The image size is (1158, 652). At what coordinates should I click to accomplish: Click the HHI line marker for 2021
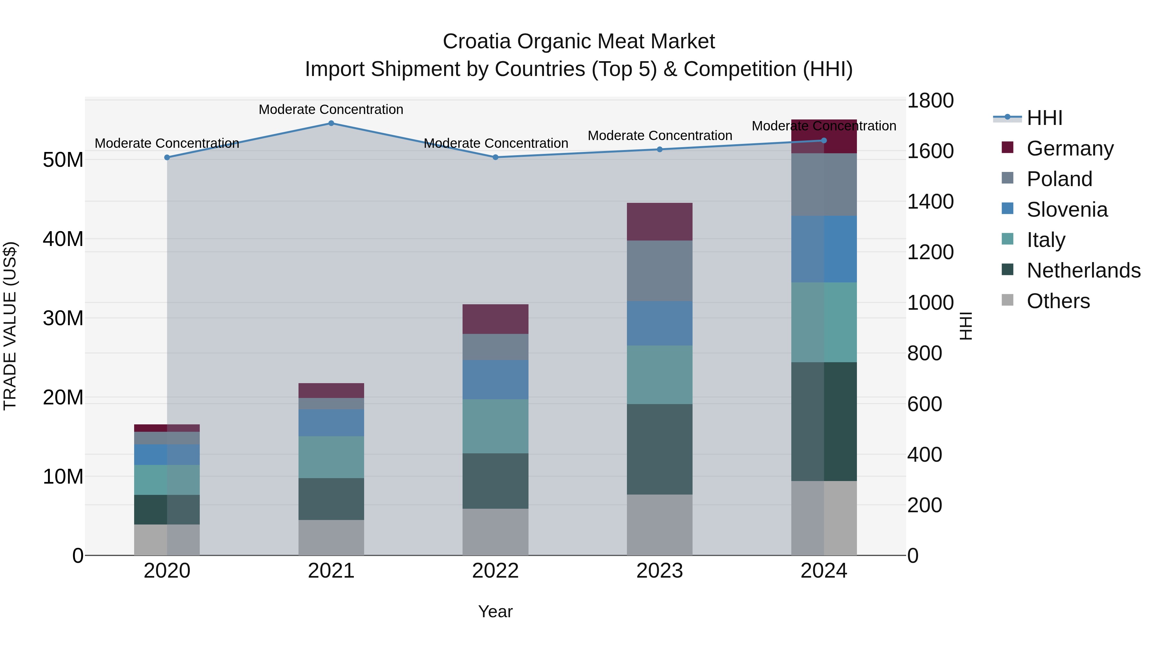coord(331,123)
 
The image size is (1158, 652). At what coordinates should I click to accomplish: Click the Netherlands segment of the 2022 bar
coord(495,481)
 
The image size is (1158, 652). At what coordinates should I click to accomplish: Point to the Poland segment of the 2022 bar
coord(495,346)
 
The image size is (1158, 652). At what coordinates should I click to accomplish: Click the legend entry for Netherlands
coord(1083,270)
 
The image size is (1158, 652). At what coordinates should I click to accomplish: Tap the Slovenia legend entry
coord(1067,210)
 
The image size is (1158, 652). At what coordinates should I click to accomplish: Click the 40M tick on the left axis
coord(63,239)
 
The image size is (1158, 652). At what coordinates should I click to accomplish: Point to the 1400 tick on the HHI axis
coord(930,201)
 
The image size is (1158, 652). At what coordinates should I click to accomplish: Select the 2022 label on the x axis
coord(495,571)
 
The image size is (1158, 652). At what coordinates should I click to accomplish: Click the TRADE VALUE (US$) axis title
coord(10,326)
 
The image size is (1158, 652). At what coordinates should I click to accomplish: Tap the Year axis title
coord(495,611)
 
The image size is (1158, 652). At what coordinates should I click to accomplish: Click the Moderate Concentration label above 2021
coord(331,109)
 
